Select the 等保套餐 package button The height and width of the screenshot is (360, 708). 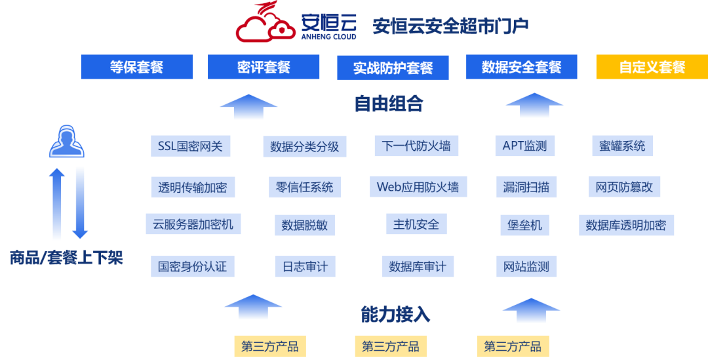[136, 67]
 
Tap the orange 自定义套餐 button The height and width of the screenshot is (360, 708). [652, 67]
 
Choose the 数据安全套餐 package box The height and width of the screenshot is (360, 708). [521, 67]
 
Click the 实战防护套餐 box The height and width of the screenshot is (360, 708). [393, 68]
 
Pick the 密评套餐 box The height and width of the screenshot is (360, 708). [264, 67]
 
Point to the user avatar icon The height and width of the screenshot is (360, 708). [67, 142]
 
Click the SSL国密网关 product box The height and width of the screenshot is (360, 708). [190, 146]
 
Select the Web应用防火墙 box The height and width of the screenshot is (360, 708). [418, 187]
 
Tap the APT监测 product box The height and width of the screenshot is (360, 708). [524, 146]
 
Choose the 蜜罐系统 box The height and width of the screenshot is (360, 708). [622, 146]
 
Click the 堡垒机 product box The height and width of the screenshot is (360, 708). [524, 225]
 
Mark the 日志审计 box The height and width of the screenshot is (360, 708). [305, 266]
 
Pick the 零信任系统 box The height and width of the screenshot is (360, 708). [305, 187]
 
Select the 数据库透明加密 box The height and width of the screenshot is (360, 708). [626, 225]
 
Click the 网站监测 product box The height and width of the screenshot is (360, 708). [526, 266]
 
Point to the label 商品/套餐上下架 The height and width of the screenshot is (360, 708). [66, 257]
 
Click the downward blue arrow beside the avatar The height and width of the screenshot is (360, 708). [80, 202]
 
